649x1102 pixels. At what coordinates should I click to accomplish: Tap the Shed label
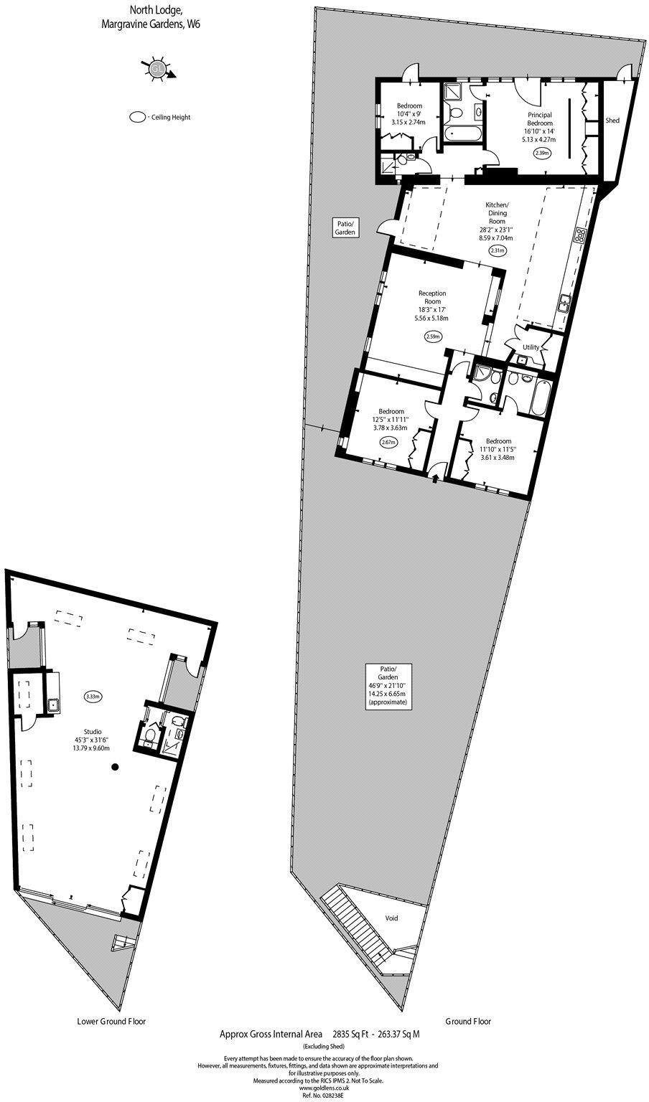coord(612,121)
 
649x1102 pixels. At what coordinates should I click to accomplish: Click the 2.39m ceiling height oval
coord(542,153)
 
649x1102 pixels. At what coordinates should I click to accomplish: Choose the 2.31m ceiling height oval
coord(497,250)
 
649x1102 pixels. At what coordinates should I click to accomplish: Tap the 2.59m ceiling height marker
coord(433,336)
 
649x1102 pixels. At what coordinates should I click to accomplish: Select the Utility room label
coord(531,347)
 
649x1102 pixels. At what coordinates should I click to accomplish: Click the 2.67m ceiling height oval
coord(389,443)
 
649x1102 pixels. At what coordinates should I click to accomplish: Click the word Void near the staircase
coord(391,918)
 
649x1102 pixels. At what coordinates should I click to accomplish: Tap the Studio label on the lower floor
coord(92,732)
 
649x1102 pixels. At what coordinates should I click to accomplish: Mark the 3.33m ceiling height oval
coord(93,697)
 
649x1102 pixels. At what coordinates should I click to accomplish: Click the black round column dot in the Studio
coord(114,768)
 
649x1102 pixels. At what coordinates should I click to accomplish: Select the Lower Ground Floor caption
coord(111,1021)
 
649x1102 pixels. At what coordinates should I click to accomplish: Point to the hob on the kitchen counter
coord(579,234)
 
